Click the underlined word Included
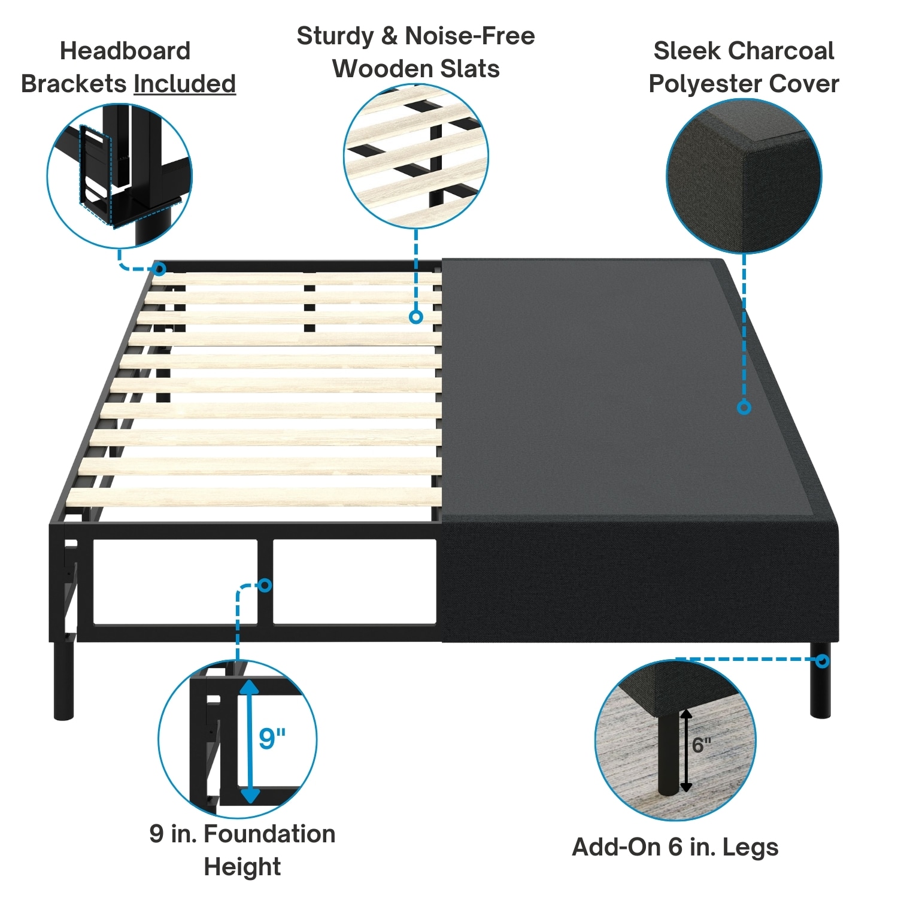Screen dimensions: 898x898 (184, 84)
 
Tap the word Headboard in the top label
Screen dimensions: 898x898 (125, 51)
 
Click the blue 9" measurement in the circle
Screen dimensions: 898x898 (272, 738)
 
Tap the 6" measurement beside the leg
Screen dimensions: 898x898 (701, 745)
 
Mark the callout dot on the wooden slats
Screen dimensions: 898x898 (416, 317)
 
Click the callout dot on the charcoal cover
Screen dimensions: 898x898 (744, 408)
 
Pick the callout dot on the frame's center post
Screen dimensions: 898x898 (265, 585)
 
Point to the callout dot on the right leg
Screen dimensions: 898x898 (823, 661)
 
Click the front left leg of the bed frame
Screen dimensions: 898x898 (63, 680)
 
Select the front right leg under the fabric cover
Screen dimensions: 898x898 (820, 682)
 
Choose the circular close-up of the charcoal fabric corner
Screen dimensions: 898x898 (744, 176)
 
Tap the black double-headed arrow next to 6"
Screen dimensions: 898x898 (686, 751)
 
